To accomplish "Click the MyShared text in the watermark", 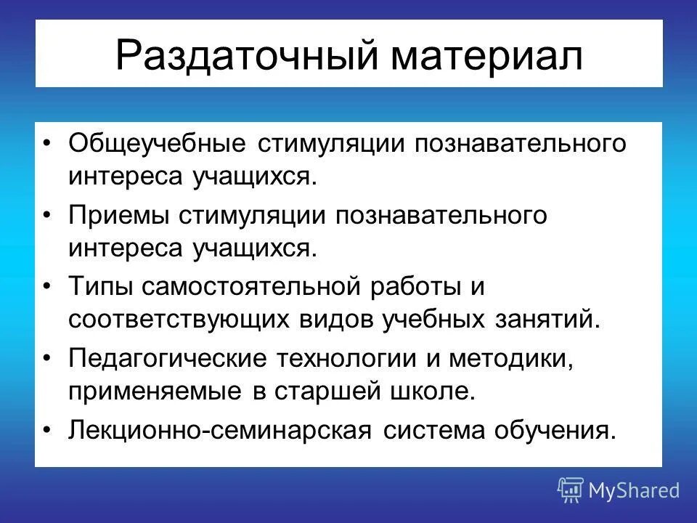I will tap(634, 490).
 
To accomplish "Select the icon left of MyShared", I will tap(571, 490).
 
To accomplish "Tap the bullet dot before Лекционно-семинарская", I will tap(48, 431).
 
